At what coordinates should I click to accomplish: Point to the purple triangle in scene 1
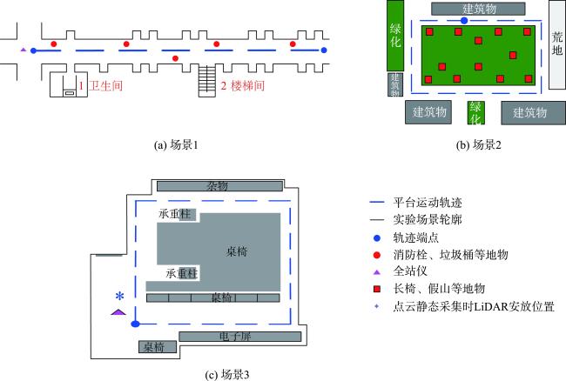[24, 50]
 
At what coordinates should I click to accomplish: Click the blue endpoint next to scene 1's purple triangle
[33, 50]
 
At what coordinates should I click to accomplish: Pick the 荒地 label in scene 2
[557, 43]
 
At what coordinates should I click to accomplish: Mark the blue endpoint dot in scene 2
[464, 20]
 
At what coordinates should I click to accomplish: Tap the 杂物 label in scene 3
[217, 186]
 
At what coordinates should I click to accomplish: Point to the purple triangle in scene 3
[118, 311]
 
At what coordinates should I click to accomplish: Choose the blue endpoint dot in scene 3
[135, 324]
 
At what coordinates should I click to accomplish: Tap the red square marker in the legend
[376, 288]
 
